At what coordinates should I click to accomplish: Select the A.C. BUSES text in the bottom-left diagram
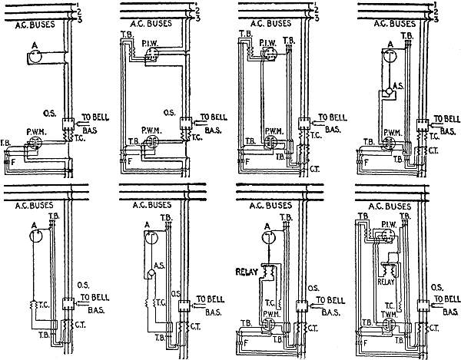[x=32, y=205]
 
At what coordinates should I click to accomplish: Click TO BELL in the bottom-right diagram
[x=445, y=295]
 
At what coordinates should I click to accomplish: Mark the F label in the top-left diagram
[x=12, y=162]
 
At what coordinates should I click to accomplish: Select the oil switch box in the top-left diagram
[x=66, y=122]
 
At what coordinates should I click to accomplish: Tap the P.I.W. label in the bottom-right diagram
[x=390, y=220]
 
